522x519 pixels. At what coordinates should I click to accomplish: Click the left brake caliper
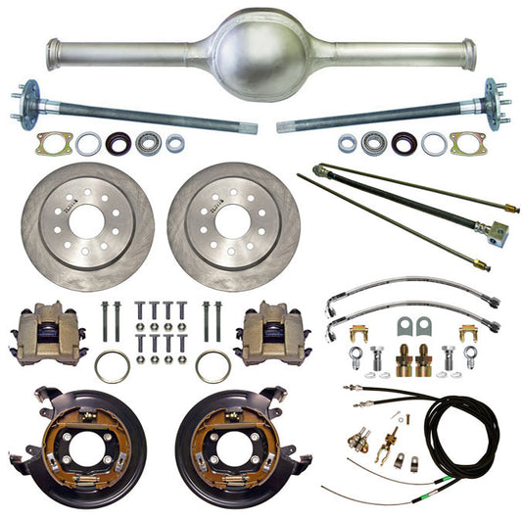tap(45, 333)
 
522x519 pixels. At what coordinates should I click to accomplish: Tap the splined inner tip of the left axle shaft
tap(249, 127)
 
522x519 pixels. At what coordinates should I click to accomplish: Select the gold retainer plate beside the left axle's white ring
tap(51, 144)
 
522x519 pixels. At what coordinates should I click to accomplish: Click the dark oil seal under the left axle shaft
tap(119, 143)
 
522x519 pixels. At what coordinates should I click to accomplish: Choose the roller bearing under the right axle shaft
tap(373, 143)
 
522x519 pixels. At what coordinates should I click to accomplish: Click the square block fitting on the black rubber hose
tap(498, 233)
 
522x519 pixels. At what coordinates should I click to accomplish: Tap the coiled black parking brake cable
tap(461, 441)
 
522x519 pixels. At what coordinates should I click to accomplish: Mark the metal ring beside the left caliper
tap(112, 367)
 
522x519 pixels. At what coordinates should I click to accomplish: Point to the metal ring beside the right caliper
tap(213, 367)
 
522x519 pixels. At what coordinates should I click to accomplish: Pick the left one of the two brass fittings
tap(404, 362)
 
